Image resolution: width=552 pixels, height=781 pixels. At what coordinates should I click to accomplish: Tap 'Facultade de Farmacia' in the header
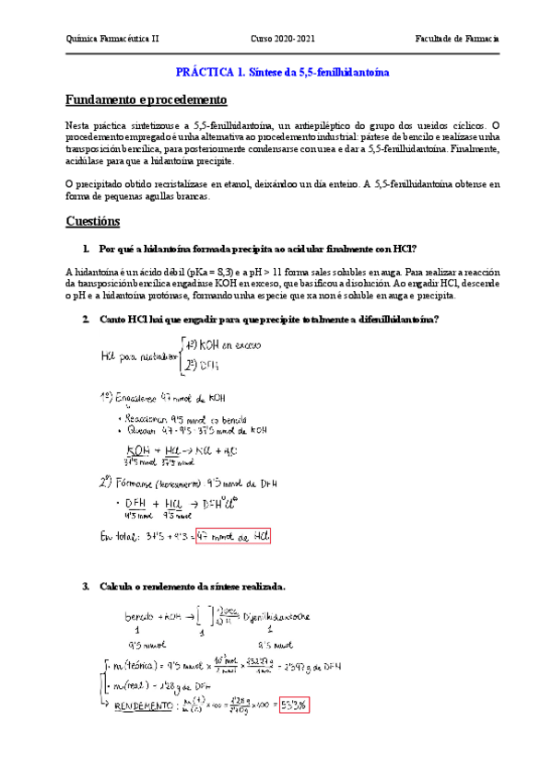click(457, 39)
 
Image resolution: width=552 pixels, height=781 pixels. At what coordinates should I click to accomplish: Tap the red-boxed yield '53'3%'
click(296, 705)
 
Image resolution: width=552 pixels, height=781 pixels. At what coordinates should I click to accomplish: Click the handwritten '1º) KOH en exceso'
click(222, 344)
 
